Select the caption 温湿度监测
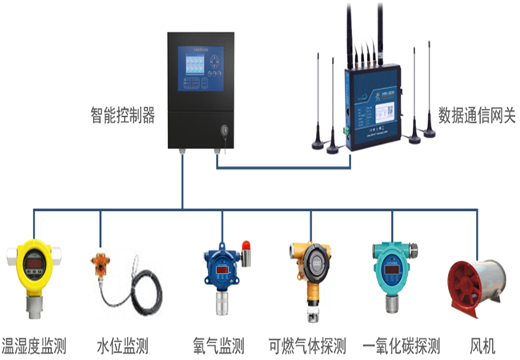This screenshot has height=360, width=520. [34, 346]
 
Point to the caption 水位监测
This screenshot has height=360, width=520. [122, 346]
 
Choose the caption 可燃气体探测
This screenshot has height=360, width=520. [307, 346]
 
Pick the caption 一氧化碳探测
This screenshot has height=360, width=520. [402, 346]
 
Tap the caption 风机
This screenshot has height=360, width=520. [482, 346]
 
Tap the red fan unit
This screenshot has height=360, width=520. [478, 284]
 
